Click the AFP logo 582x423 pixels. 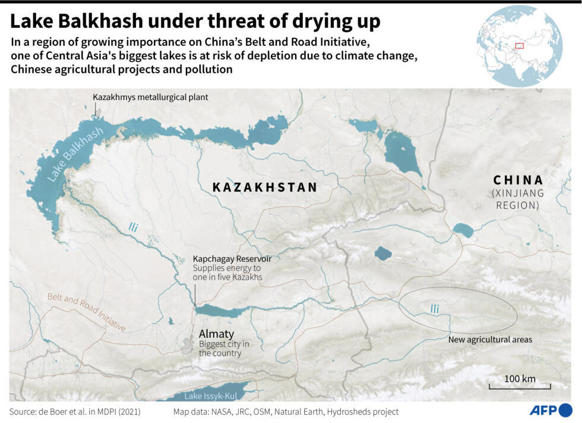click(x=551, y=410)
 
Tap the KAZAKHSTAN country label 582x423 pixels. click(x=265, y=187)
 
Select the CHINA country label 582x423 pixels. click(x=518, y=180)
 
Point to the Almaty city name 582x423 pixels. click(x=216, y=334)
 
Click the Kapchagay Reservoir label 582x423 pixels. click(x=232, y=259)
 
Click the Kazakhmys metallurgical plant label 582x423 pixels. click(x=151, y=96)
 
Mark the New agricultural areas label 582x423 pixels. click(x=490, y=340)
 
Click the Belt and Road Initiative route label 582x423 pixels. click(x=87, y=312)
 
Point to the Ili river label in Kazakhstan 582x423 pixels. click(x=133, y=227)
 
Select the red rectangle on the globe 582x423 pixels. click(x=518, y=45)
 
